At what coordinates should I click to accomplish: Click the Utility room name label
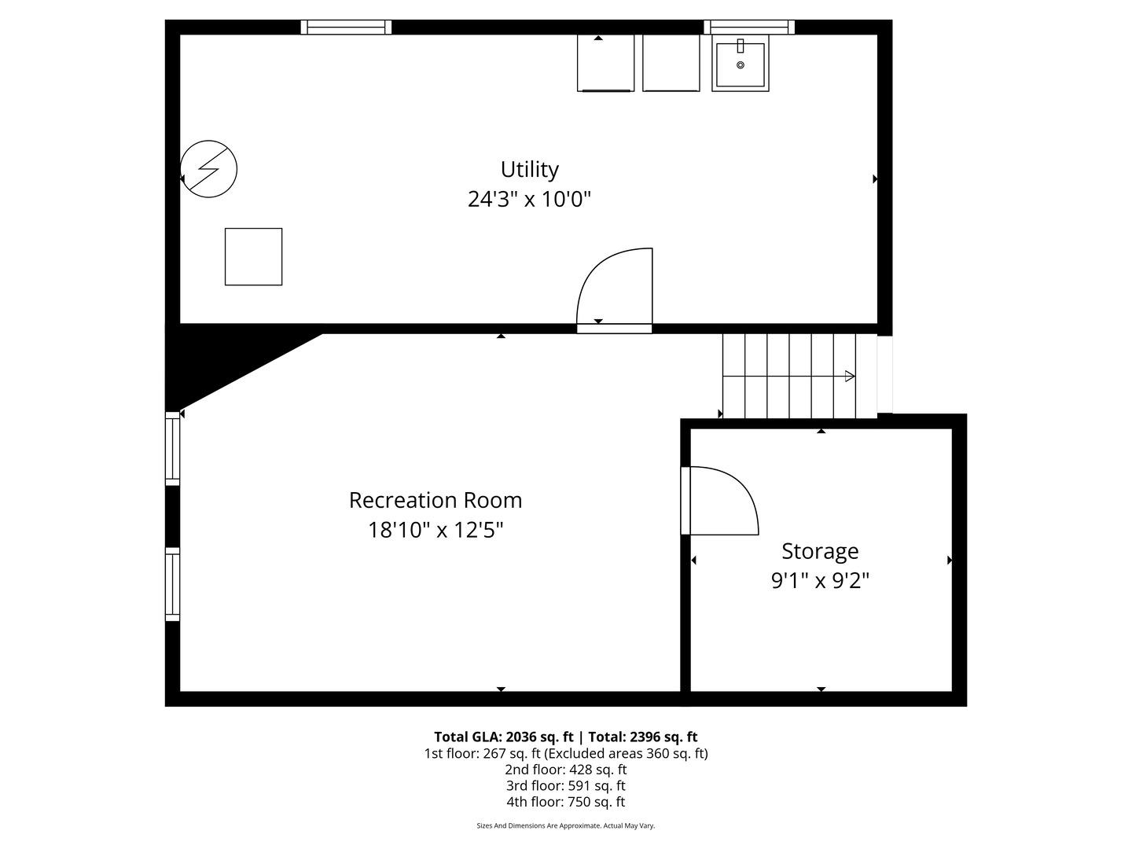(530, 170)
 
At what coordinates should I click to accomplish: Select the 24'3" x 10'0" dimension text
(529, 199)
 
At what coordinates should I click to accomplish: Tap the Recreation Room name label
(436, 501)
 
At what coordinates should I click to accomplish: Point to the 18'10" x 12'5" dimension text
(436, 530)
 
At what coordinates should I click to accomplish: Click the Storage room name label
(820, 552)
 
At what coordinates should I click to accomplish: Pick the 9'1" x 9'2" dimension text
(820, 581)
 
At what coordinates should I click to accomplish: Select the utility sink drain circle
(741, 65)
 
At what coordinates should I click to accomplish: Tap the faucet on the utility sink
(741, 46)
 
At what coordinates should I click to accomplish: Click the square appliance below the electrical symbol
(254, 257)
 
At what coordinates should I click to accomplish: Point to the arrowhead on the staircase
(850, 377)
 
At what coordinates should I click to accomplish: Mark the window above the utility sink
(749, 27)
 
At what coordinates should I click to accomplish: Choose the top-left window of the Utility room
(346, 27)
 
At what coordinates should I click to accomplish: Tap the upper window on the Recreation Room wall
(172, 448)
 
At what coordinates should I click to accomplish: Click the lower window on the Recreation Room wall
(172, 585)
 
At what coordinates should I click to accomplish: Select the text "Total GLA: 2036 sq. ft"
(503, 737)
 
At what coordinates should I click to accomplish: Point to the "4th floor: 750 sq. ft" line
(566, 802)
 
